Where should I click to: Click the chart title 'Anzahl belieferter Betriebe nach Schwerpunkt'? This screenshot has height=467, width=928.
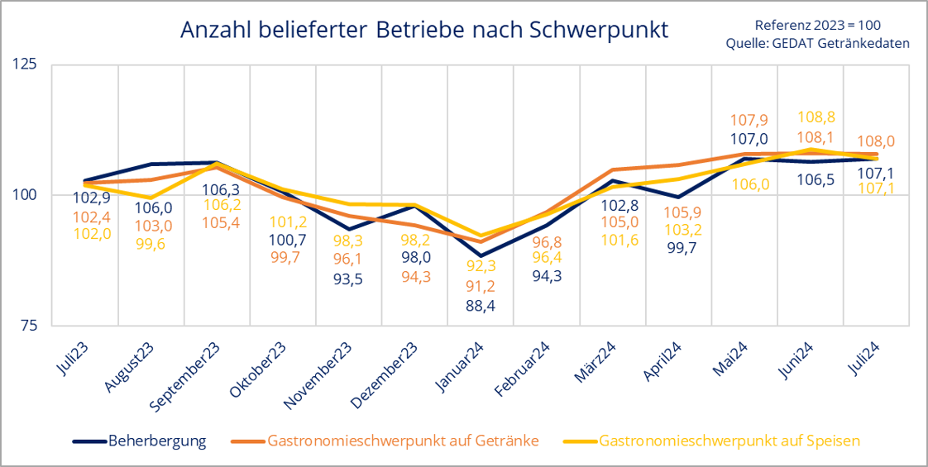pos(424,31)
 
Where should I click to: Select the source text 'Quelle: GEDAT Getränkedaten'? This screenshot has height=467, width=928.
pos(817,44)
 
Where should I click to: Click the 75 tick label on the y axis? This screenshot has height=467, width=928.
pos(31,326)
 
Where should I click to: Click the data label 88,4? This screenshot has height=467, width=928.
pos(481,306)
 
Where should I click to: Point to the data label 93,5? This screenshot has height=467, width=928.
pos(347,279)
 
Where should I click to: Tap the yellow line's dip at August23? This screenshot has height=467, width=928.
pos(150,198)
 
